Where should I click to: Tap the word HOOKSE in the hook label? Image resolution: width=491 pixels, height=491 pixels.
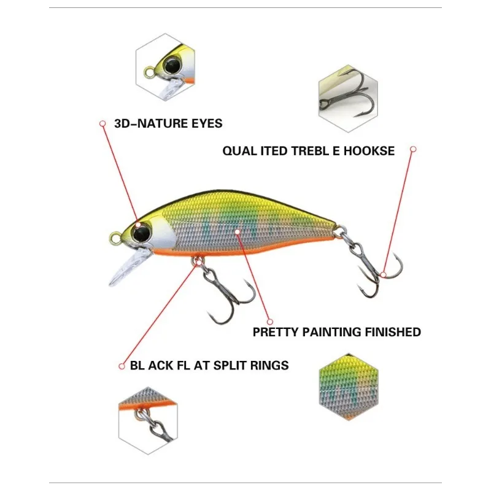(371, 151)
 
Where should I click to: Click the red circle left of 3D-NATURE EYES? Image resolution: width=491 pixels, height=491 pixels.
(102, 123)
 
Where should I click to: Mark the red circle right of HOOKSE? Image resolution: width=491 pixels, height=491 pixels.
(413, 149)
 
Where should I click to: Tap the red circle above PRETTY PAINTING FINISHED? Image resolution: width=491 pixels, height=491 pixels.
(269, 319)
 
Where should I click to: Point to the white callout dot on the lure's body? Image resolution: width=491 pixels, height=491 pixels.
(239, 231)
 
